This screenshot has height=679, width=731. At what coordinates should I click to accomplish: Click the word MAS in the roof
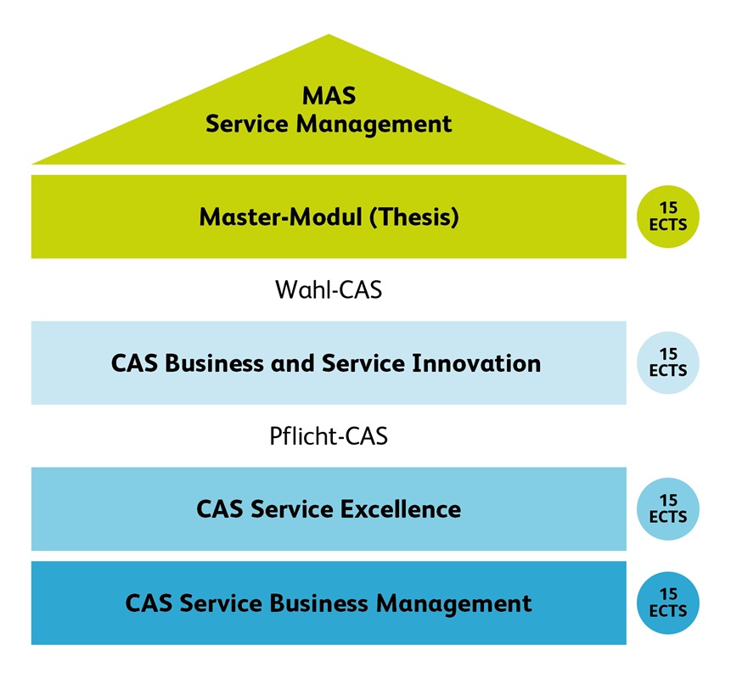coord(329,94)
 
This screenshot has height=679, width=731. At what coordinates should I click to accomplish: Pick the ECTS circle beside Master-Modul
coord(667,216)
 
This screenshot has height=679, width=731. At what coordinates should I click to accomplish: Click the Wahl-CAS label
coord(329,290)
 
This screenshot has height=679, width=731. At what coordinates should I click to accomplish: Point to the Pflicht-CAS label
coord(329,436)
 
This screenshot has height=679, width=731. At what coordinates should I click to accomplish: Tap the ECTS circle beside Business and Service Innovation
coord(667,362)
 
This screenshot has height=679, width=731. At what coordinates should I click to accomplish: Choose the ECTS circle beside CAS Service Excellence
coord(667,509)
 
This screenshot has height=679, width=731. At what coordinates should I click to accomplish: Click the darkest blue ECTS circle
coord(667,603)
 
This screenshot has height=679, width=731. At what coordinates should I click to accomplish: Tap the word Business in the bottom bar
coord(320,603)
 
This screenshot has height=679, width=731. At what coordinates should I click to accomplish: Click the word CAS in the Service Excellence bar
coord(218,509)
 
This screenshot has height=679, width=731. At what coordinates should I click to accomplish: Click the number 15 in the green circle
coord(667,208)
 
